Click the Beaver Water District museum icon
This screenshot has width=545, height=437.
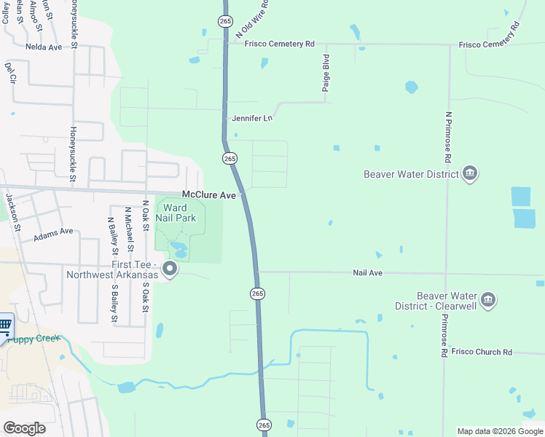click(470, 174)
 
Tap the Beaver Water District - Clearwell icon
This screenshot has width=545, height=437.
click(488, 299)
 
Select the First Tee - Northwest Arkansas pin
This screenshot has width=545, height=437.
click(170, 269)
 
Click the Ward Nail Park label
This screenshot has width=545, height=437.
click(176, 213)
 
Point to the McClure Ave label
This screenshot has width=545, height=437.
click(209, 195)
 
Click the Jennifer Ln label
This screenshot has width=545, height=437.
click(251, 118)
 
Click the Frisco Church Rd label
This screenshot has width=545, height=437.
click(482, 352)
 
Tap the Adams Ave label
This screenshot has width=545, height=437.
click(53, 232)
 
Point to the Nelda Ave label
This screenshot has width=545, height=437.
click(44, 46)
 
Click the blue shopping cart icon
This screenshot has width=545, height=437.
click(4, 325)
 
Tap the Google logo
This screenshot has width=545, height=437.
click(24, 428)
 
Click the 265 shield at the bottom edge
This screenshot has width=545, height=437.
click(264, 425)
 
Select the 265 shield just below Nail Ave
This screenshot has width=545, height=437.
click(257, 293)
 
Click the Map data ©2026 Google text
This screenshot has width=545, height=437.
click(499, 431)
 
